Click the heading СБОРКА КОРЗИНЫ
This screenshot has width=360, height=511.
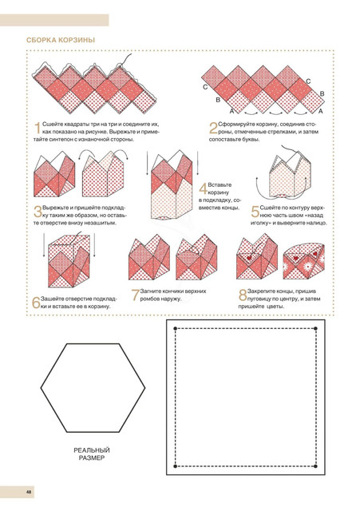click(x=61, y=40)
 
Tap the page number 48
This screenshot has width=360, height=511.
click(x=29, y=492)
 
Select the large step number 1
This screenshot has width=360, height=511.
click(x=38, y=128)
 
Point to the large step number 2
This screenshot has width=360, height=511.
click(x=213, y=128)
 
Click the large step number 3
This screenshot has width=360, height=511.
click(x=38, y=212)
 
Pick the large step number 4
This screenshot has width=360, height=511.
click(x=204, y=188)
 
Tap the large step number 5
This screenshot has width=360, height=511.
click(x=255, y=212)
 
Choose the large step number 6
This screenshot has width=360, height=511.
click(x=36, y=303)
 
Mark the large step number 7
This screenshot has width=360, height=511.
click(x=136, y=295)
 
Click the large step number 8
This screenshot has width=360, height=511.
click(x=243, y=295)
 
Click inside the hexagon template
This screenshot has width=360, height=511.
click(x=93, y=388)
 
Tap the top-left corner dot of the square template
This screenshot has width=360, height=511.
click(x=176, y=328)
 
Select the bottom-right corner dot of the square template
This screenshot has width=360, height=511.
click(x=315, y=466)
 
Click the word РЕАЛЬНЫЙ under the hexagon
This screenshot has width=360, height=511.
click(x=92, y=450)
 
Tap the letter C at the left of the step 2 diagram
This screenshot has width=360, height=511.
click(x=205, y=87)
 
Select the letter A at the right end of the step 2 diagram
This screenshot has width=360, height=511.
click(x=321, y=112)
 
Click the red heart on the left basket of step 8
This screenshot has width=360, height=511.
click(x=249, y=258)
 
